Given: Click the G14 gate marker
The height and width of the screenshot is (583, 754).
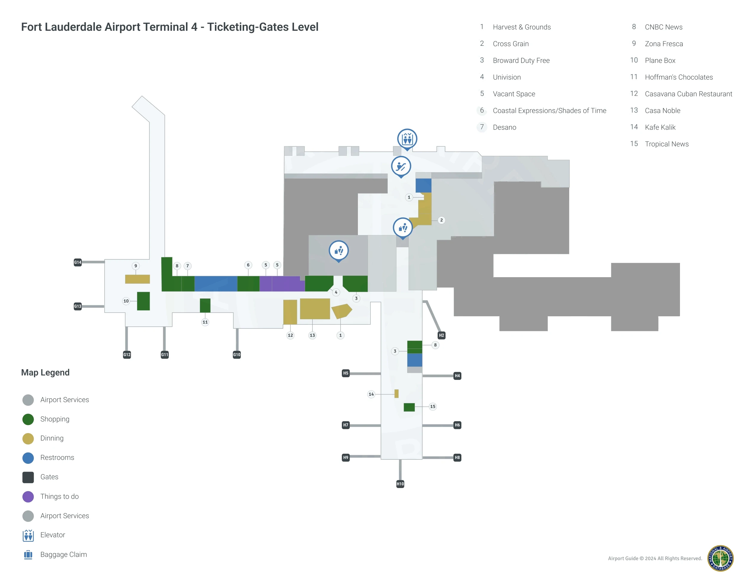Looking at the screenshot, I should [x=78, y=262].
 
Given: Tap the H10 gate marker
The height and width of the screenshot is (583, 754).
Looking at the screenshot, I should [x=400, y=484].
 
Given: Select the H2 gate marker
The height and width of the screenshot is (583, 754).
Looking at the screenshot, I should [x=441, y=335].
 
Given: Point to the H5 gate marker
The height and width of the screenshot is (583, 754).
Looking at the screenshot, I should [x=346, y=373].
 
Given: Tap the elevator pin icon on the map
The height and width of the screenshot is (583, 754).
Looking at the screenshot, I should [x=407, y=139].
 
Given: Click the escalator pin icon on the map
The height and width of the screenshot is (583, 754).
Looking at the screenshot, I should [x=401, y=166].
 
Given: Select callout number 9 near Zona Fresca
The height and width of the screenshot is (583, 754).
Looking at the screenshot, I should [x=136, y=266].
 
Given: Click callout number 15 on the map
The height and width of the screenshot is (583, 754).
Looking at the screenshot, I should [x=433, y=406].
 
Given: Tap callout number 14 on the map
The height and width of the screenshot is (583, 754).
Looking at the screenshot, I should [x=371, y=394].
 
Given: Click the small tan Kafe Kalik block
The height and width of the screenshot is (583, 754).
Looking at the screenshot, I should [x=396, y=393].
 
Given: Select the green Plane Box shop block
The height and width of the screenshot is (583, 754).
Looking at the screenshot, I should [x=143, y=301].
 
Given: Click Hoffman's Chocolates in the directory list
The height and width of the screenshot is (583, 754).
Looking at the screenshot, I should [x=678, y=77].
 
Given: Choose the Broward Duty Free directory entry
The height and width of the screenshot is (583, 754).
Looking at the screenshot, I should [x=521, y=60].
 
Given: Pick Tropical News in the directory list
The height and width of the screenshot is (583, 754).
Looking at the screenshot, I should [x=666, y=144].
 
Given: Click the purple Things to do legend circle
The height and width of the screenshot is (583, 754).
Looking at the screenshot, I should [x=28, y=496].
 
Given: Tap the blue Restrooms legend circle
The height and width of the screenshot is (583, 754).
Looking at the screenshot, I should [x=28, y=458].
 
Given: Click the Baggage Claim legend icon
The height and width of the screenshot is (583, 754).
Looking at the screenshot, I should [x=28, y=554].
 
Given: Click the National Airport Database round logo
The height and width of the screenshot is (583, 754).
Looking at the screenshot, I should [x=720, y=558].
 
